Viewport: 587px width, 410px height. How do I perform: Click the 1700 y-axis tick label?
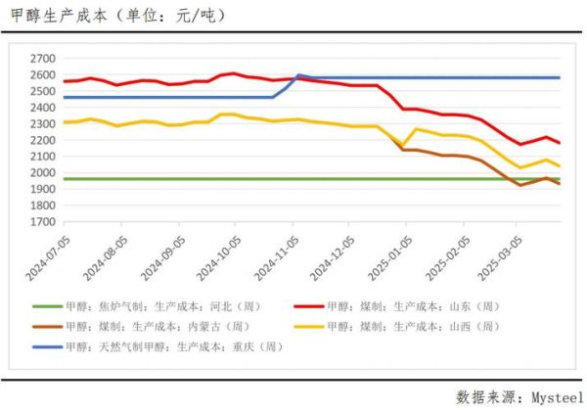[41, 221]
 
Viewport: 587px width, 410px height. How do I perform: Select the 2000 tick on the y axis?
[41, 172]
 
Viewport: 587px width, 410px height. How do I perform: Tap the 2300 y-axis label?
[41, 123]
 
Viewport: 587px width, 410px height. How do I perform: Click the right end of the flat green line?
[559, 179]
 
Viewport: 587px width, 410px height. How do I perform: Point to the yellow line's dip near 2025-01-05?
[402, 147]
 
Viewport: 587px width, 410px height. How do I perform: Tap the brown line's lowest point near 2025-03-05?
[520, 185]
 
